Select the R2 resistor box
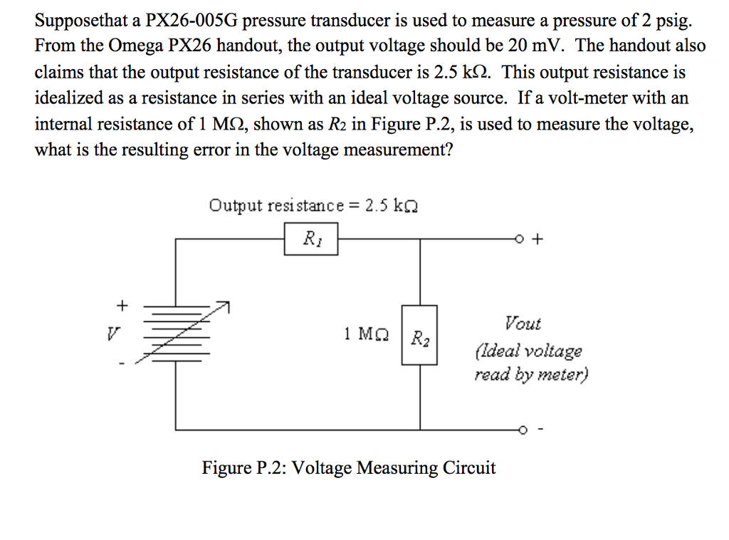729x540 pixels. (x=419, y=336)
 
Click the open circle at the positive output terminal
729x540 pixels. (x=523, y=239)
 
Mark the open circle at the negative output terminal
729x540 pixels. (x=523, y=430)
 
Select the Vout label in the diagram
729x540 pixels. (x=523, y=323)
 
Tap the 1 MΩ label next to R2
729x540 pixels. (x=366, y=333)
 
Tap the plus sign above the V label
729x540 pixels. (x=121, y=306)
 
